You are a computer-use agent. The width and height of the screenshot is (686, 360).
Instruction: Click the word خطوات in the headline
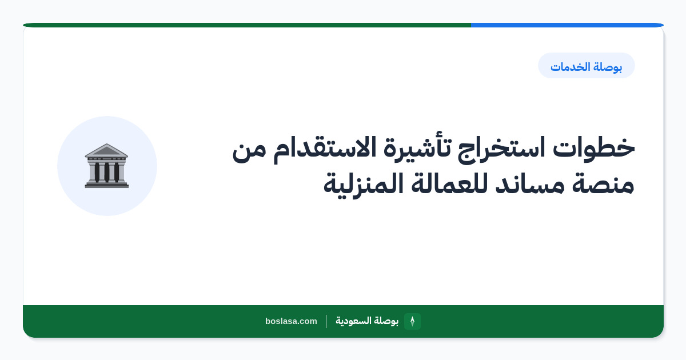point(594,148)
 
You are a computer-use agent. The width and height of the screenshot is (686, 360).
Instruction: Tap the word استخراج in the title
point(501,149)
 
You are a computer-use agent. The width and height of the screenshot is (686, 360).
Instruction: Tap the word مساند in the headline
point(530,183)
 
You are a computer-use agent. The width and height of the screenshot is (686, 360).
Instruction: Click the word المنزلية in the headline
point(363,185)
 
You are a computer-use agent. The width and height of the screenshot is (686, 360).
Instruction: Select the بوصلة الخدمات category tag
point(587,66)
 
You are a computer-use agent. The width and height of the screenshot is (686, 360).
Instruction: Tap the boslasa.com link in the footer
point(291,321)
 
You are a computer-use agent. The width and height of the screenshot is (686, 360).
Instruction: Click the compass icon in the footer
point(412,321)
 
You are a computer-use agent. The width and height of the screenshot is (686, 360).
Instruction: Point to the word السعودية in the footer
point(353,321)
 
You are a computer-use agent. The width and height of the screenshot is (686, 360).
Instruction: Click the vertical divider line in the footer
point(326,321)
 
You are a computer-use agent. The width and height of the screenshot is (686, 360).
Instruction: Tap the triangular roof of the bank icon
point(106,150)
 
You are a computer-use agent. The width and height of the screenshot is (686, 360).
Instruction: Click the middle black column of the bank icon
point(106,172)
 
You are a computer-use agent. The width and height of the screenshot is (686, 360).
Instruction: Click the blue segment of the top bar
point(567,25)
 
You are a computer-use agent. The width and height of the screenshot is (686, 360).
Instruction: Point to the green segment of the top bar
point(247,25)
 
